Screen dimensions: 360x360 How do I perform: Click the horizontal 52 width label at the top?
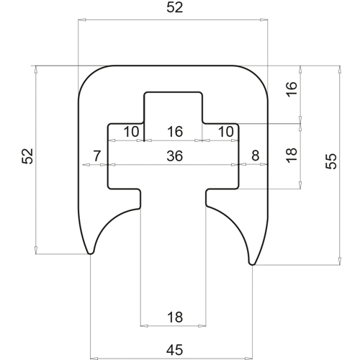pos(175,8)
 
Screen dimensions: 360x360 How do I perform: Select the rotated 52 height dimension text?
pos(27,156)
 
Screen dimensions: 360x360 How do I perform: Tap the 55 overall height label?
pos(331,161)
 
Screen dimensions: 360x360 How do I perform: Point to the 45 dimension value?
pos(175,350)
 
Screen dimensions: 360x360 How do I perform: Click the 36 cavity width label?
pos(175,156)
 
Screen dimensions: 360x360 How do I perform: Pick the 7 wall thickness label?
pos(96,156)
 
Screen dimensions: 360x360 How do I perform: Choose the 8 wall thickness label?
pos(256,156)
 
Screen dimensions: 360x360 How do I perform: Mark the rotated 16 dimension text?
pos(292,89)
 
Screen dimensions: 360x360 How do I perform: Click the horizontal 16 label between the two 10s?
pos(175,132)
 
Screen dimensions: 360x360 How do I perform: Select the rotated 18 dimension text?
pos(292,156)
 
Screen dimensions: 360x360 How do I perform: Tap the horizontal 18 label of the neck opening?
pos(175,317)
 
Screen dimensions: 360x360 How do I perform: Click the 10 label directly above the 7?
pos(131,132)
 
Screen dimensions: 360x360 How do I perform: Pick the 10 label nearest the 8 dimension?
pos(226,132)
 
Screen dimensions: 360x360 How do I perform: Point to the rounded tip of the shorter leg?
pos(91,253)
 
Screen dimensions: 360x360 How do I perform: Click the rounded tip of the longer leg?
pos(252,264)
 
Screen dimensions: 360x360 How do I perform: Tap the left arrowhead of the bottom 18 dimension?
pos(144,326)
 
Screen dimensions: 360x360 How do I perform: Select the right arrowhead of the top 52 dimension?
pos(264,19)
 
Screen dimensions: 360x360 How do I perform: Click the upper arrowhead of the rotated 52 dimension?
pos(35,70)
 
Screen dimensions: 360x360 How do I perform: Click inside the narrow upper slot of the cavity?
pos(174,107)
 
